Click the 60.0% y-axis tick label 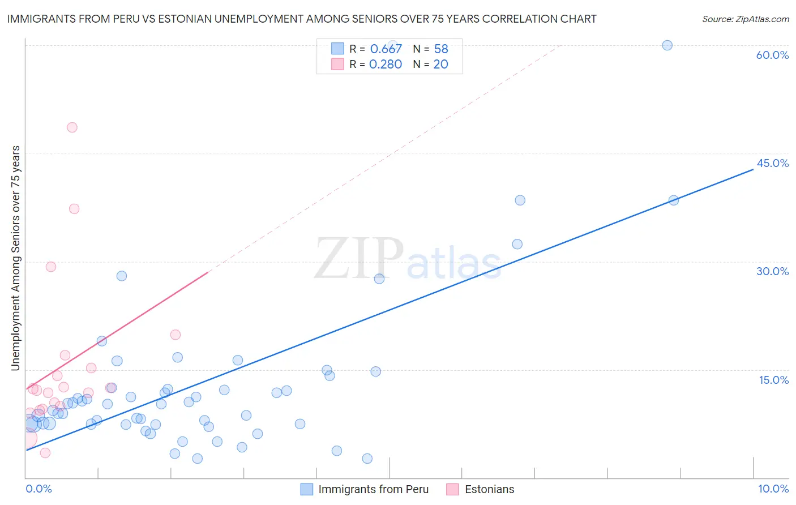click(772, 55)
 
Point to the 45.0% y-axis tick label click(772, 163)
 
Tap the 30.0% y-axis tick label click(772, 271)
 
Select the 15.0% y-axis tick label click(773, 380)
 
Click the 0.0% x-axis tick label click(38, 489)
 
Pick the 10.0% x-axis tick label click(773, 489)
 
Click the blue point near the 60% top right click(667, 45)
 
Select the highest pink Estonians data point click(72, 127)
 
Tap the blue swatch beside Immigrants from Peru click(306, 489)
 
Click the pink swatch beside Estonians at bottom click(452, 489)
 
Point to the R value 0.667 click(386, 49)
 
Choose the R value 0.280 click(386, 64)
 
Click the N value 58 click(441, 49)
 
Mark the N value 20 click(440, 64)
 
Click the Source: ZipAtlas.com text click(745, 19)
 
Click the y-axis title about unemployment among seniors click(15, 258)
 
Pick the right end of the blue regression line click(753, 169)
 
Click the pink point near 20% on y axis click(176, 335)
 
